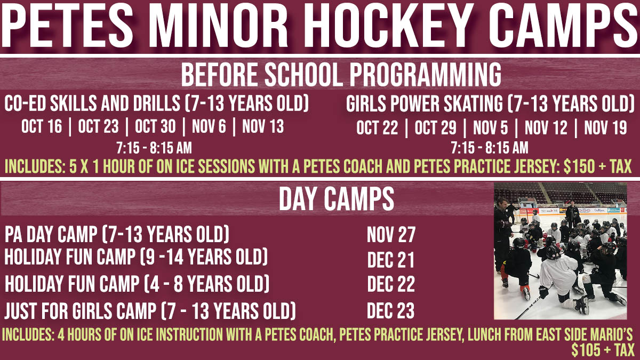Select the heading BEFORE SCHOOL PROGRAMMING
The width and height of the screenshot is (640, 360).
(341, 75)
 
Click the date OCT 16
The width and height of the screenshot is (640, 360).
(42, 126)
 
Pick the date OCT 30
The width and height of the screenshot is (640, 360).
(155, 126)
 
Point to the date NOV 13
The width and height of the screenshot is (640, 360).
(263, 126)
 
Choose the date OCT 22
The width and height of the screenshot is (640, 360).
(377, 127)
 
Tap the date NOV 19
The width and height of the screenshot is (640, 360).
(605, 127)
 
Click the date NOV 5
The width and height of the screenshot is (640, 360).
(491, 127)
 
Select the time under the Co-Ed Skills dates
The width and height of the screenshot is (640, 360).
(154, 148)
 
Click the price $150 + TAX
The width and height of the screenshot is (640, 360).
(597, 166)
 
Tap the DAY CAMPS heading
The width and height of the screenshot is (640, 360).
(337, 199)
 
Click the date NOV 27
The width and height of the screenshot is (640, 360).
(391, 235)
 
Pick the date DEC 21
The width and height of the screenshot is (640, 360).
(390, 260)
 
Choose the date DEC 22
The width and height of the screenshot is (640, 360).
(391, 284)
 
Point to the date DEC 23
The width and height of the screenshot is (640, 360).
(390, 310)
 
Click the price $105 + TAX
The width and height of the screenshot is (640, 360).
(603, 350)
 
